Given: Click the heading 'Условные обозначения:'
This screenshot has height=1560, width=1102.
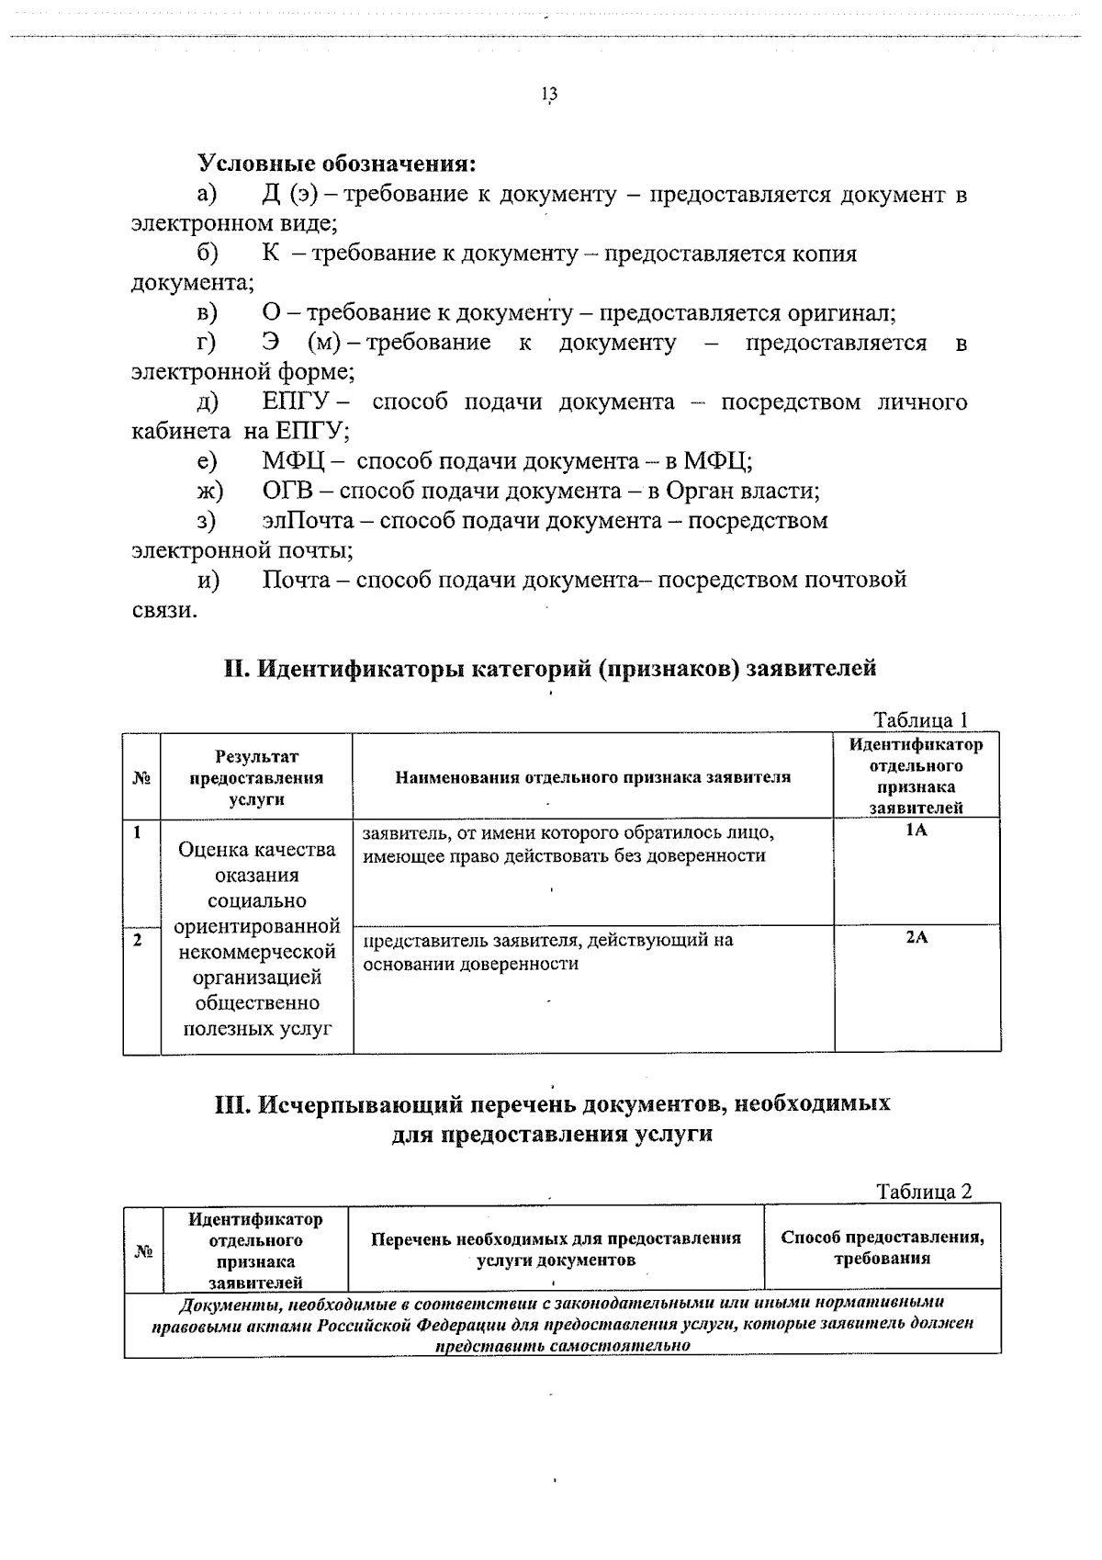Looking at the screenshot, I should [x=337, y=164].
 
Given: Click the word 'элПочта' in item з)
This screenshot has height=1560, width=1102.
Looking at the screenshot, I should [x=308, y=521].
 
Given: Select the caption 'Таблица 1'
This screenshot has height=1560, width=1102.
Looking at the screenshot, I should [x=920, y=720].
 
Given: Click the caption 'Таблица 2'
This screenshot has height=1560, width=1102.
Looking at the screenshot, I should [x=923, y=1193].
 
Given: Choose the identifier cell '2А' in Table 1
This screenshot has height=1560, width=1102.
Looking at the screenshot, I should [x=916, y=938].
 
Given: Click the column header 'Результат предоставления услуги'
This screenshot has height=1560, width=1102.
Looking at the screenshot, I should [x=256, y=777].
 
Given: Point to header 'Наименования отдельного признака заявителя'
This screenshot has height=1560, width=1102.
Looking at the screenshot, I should [x=592, y=777].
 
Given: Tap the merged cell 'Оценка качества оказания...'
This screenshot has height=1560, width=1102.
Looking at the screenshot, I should [x=256, y=938].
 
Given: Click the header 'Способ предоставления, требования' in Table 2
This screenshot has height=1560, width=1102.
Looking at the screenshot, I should [x=882, y=1247].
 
